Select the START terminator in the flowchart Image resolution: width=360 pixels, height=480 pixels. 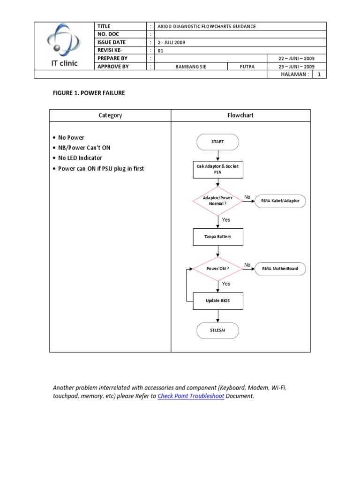[217, 142]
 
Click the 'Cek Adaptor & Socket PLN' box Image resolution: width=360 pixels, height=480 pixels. [218, 169]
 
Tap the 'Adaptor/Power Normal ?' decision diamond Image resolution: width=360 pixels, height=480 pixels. [217, 201]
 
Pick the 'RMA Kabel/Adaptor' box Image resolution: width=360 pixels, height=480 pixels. [280, 201]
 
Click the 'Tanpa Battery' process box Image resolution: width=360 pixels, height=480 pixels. [218, 237]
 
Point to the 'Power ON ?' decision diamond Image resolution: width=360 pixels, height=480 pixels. [217, 269]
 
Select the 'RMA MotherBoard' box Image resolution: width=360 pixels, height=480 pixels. [280, 269]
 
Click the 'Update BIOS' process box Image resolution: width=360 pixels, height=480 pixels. [218, 300]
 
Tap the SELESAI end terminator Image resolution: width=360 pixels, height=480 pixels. [217, 331]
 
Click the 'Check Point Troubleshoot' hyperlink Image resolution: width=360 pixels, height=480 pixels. [191, 396]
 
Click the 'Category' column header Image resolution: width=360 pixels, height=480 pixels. [110, 115]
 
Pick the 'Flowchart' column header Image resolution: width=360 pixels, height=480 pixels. [240, 115]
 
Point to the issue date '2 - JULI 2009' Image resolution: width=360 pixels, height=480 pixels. [172, 42]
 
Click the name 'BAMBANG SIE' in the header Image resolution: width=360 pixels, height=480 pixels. [191, 67]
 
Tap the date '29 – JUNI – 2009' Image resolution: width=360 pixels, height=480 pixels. [296, 67]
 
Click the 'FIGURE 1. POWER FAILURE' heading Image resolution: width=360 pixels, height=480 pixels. [89, 93]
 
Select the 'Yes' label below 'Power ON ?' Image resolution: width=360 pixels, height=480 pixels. [226, 284]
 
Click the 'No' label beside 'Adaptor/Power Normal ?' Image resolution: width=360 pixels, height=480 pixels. [247, 197]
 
